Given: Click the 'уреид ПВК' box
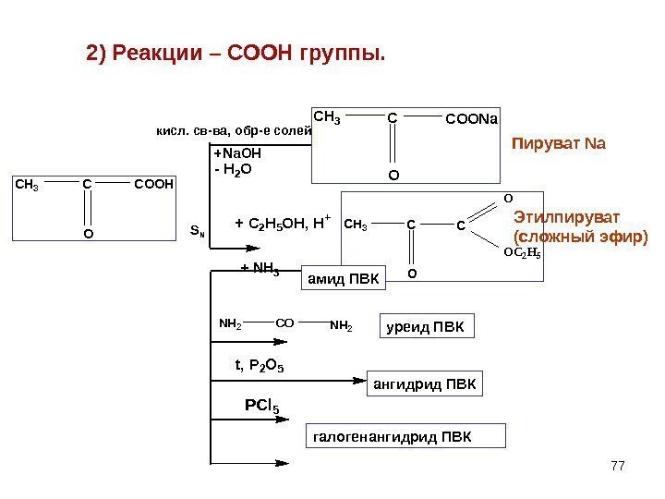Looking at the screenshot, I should [428, 327].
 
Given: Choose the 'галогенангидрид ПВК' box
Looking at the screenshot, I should [405, 435].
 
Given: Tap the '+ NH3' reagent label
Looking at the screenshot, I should [260, 269].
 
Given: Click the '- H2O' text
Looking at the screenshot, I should [232, 170].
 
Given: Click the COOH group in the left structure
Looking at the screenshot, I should [153, 185].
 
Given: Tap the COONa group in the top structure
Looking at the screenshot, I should [471, 119].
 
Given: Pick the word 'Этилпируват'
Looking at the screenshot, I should [567, 216].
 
